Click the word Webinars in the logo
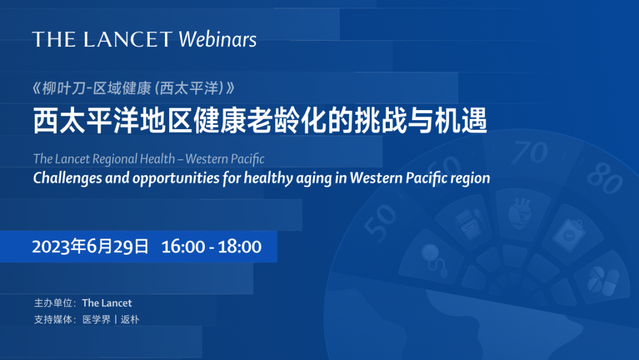tap(218, 39)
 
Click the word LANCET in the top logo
tap(128, 40)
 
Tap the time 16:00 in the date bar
tap(183, 247)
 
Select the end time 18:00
tap(240, 247)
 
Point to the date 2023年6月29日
tap(90, 247)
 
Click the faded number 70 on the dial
tap(530, 153)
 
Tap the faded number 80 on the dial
tap(605, 179)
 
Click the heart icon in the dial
tap(520, 213)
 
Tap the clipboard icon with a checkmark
tap(569, 234)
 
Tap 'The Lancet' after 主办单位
tap(106, 303)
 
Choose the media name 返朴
tap(130, 320)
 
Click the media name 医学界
tap(96, 320)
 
